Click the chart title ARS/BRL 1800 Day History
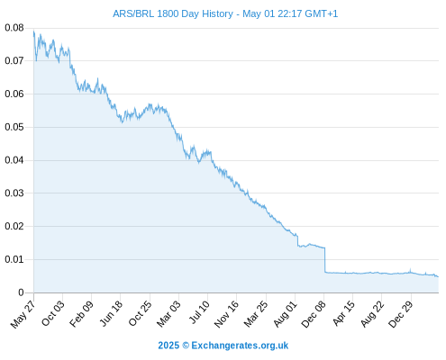click(x=173, y=13)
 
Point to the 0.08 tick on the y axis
click(x=14, y=28)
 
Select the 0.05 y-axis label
click(x=14, y=127)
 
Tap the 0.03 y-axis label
click(x=14, y=193)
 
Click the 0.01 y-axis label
click(x=14, y=259)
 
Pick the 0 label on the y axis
click(x=21, y=292)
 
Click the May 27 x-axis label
click(x=23, y=314)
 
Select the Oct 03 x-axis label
click(x=52, y=313)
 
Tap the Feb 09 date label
click(x=81, y=314)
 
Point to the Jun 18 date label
click(x=111, y=313)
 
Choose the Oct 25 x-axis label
click(x=140, y=313)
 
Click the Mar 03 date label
click(x=168, y=314)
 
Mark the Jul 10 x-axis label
click(x=199, y=312)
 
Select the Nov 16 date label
click(x=226, y=314)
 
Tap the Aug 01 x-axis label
click(x=285, y=314)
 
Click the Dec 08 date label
click(x=314, y=314)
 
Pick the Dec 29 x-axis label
click(x=400, y=314)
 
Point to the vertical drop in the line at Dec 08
click(x=324, y=260)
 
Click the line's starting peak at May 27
click(x=33, y=31)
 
